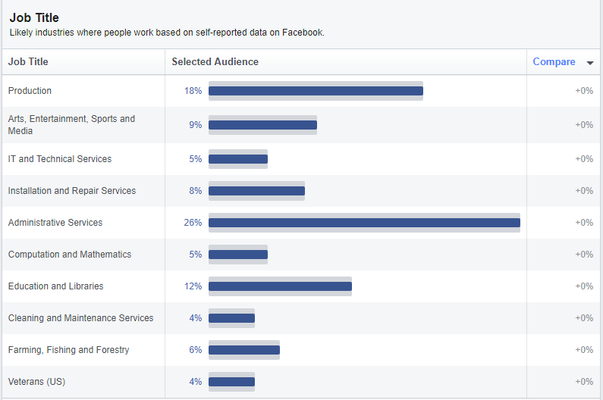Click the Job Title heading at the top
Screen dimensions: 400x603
pos(34,17)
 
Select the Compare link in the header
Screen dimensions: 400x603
pos(554,62)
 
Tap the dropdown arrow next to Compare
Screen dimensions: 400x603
pos(590,63)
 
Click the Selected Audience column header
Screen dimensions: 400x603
pos(215,62)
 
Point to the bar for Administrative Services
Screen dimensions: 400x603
pos(364,223)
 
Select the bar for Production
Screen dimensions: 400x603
pos(316,91)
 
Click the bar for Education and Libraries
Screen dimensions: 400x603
pos(280,286)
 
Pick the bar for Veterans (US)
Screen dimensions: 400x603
pos(231,382)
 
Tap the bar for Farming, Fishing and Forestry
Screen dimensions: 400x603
pos(244,350)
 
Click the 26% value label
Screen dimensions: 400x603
pos(193,223)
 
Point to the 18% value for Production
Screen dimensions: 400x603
pos(193,91)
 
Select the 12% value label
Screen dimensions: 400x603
pos(193,286)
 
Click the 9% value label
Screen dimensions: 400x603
pos(196,125)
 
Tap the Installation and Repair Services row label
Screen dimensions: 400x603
pos(72,191)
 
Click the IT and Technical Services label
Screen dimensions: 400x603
pos(60,159)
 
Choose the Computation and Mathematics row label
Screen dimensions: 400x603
pos(70,255)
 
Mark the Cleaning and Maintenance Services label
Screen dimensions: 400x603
pos(80,318)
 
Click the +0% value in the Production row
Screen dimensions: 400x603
pos(583,91)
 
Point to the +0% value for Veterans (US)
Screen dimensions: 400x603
pos(583,382)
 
